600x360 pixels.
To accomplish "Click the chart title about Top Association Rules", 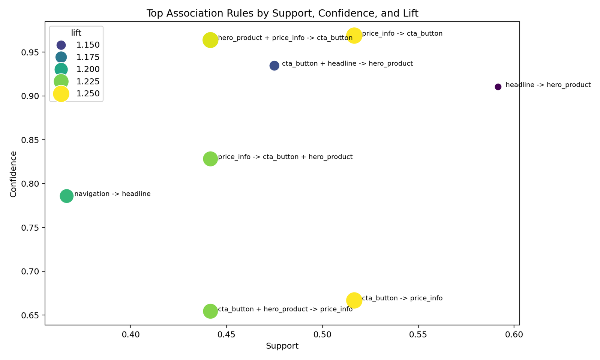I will click(282, 14).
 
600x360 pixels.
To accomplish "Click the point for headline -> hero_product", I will click(498, 87).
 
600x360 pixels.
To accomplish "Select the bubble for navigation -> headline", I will click(67, 196).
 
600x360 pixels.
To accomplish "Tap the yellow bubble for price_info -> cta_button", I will click(354, 36).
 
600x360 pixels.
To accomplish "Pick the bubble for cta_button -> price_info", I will click(354, 300).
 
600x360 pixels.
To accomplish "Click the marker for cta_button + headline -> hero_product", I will click(274, 66).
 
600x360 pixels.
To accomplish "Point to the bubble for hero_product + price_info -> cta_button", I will click(210, 40).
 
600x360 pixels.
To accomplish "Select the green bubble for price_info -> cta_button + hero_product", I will click(210, 159).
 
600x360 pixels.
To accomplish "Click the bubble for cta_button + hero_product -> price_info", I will click(210, 311).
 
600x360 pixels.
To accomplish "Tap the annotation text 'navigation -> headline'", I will click(112, 194).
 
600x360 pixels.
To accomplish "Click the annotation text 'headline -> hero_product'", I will click(548, 85).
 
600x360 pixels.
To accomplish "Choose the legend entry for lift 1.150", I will click(88, 45).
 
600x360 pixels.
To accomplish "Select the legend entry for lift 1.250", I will click(88, 94).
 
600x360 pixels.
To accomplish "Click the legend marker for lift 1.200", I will click(61, 69).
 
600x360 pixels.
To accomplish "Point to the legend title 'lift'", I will click(76, 33).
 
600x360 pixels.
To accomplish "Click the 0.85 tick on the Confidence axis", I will click(31, 140).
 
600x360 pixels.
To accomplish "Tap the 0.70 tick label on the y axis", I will click(31, 271).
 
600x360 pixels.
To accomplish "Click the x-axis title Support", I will click(282, 346).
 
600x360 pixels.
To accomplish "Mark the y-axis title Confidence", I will click(13, 174).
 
